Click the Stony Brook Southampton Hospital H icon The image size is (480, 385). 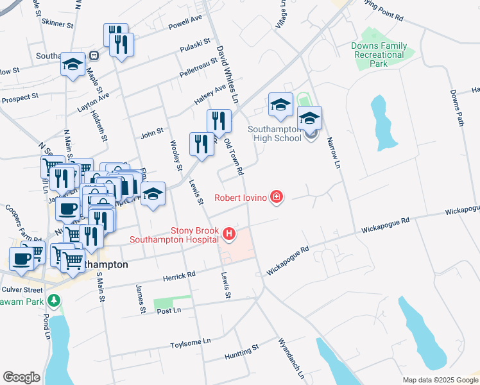click(x=228, y=235)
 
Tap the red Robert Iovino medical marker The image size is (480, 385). click(x=276, y=197)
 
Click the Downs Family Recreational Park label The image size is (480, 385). click(x=379, y=55)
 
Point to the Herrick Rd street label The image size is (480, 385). click(x=179, y=276)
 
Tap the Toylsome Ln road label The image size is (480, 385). click(x=190, y=343)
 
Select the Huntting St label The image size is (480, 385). click(x=241, y=350)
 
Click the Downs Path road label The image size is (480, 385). click(x=456, y=107)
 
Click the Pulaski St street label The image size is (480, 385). click(x=196, y=46)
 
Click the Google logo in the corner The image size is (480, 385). click(x=21, y=377)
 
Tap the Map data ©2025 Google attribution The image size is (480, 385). click(x=440, y=380)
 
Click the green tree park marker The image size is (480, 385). click(x=55, y=300)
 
